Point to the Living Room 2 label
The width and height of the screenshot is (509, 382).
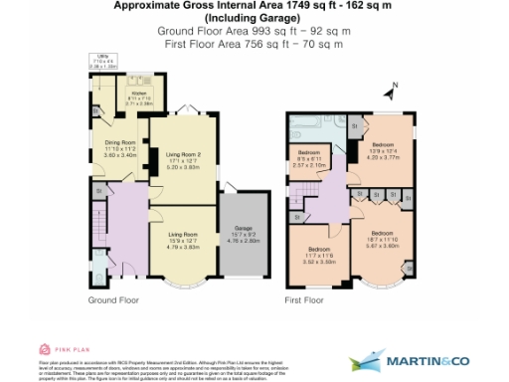tap(183, 154)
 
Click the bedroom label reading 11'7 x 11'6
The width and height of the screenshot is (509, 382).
tap(318, 250)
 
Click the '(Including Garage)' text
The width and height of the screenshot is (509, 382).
tap(254, 19)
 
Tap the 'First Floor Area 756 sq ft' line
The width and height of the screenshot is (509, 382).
tap(254, 44)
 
